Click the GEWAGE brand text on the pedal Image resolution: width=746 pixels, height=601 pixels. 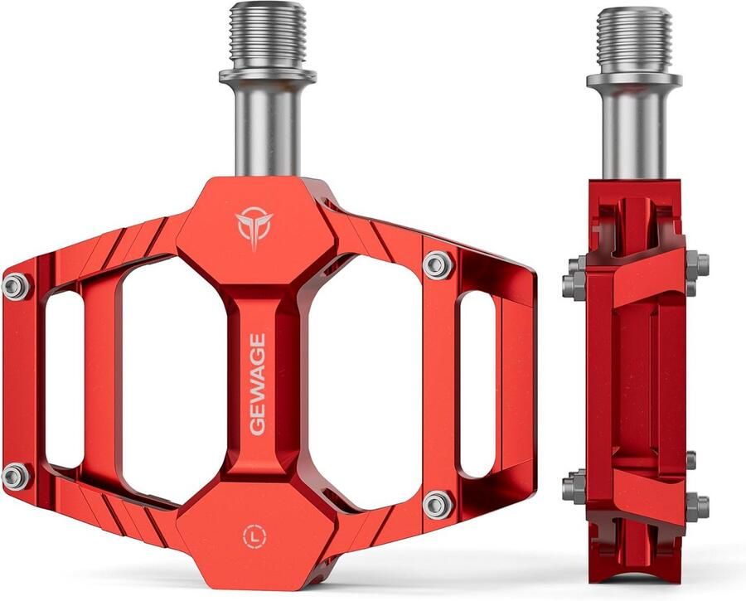click(x=257, y=383)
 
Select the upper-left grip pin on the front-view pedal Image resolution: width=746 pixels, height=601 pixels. click(x=15, y=286)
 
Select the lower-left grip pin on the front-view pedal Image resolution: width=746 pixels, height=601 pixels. click(x=15, y=475)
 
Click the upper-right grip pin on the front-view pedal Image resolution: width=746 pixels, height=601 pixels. click(x=438, y=264)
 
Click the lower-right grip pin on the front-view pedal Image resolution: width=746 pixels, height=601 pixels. click(x=437, y=503)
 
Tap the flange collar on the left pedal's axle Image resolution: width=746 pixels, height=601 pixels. click(x=267, y=77)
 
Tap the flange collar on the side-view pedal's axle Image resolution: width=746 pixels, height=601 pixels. click(x=634, y=80)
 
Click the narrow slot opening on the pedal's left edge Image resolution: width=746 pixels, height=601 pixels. click(x=65, y=380)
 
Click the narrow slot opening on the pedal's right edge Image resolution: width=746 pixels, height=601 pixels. click(x=477, y=383)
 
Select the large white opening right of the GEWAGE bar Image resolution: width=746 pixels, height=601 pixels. click(x=365, y=381)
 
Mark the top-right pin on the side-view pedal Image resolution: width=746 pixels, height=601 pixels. click(x=699, y=266)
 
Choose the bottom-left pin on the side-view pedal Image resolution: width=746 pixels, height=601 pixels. click(x=574, y=487)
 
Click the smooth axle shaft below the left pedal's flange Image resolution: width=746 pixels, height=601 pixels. click(x=267, y=128)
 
